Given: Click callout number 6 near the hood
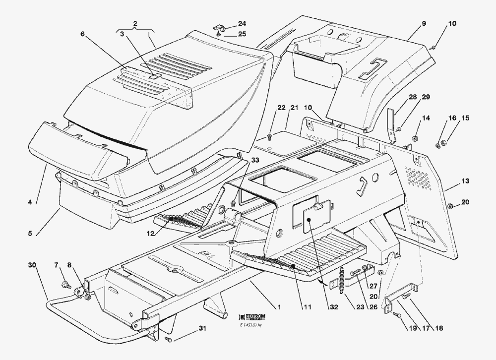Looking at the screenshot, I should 83,34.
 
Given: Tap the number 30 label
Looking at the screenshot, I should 32,265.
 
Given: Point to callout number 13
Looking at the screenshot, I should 465,181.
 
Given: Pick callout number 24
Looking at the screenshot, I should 242,24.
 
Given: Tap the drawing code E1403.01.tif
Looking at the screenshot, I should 253,325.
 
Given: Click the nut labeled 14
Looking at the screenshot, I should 416,136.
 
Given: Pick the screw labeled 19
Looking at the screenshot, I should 396,314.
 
